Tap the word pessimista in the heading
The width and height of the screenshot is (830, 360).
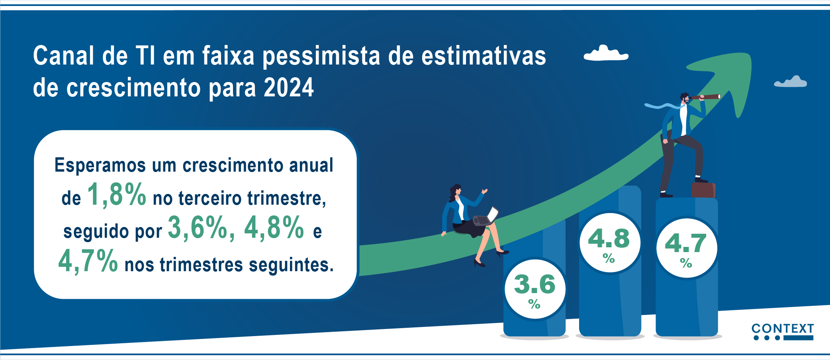(321, 57)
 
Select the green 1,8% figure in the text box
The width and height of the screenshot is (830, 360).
(117, 195)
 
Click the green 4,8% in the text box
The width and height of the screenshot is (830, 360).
(274, 227)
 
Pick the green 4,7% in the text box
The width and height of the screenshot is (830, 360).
(88, 261)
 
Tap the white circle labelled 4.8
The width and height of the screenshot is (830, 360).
(610, 243)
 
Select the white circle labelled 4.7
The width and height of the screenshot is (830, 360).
(686, 248)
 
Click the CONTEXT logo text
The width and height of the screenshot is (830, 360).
(783, 329)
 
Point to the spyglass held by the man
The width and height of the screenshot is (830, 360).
(706, 97)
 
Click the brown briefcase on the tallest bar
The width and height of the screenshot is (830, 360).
(703, 190)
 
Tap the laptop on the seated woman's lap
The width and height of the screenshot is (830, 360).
(486, 217)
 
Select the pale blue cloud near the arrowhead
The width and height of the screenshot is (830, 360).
(791, 82)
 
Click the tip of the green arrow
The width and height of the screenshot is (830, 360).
(751, 54)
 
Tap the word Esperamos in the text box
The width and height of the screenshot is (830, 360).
(100, 165)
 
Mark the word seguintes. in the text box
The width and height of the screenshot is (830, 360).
(291, 265)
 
